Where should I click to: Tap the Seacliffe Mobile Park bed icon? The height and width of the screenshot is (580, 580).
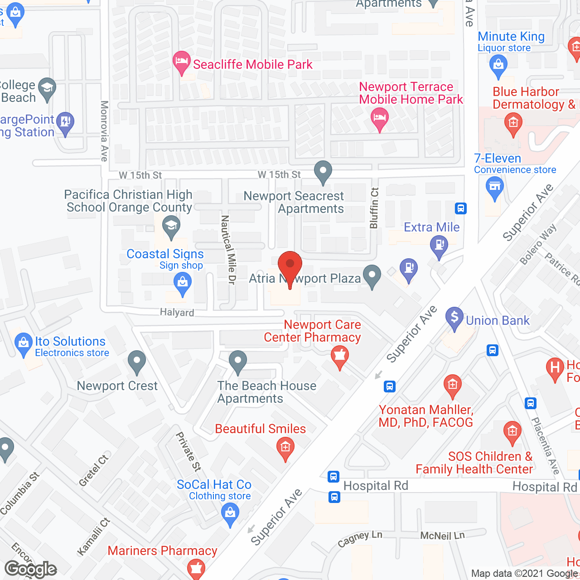(x=182, y=61)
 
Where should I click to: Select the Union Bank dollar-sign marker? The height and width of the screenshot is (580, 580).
(x=454, y=317)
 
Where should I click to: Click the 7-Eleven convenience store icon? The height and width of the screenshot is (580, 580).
(x=494, y=187)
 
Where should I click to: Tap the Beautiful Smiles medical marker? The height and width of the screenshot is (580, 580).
(x=285, y=447)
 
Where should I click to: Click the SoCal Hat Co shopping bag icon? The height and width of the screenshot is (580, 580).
(x=230, y=514)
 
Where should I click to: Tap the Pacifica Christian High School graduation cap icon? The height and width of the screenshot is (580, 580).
(x=171, y=225)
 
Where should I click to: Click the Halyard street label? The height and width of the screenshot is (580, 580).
(x=177, y=312)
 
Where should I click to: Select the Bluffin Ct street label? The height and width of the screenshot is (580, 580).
(x=374, y=208)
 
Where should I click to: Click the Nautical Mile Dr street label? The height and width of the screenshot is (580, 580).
(x=228, y=250)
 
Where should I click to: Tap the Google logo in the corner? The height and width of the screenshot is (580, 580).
(x=30, y=569)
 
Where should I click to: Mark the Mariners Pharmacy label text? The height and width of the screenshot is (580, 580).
(x=162, y=551)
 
